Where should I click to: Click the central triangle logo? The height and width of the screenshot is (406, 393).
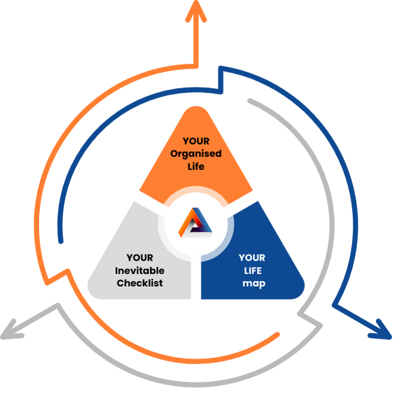195,225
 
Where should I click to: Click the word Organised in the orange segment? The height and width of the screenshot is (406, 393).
195,154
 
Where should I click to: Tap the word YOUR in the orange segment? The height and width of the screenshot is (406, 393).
195,141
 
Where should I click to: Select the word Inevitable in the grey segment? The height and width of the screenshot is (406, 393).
140,270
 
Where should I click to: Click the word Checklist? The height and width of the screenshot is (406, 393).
140,283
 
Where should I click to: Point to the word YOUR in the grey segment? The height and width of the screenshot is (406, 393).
140,258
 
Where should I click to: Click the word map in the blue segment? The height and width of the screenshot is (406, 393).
253,283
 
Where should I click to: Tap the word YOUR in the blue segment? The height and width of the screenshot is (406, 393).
252,258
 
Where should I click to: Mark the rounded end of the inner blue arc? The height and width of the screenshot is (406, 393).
61,241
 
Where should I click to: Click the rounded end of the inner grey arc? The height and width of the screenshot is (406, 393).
250,101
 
